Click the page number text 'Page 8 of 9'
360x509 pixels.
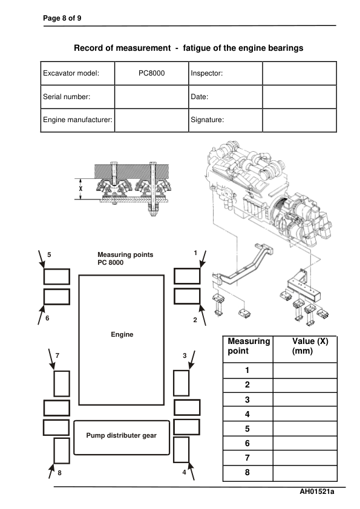[x=62, y=18]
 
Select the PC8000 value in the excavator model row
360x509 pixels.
[x=151, y=73]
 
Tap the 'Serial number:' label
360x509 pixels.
[x=67, y=97]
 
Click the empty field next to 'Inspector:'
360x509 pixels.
[x=299, y=73]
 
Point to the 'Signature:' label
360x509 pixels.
[x=208, y=120]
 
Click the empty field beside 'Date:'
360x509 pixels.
[x=299, y=97]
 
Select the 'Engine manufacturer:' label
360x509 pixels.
[x=77, y=120]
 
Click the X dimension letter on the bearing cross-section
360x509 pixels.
[x=80, y=188]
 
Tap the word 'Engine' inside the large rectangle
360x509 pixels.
[x=122, y=334]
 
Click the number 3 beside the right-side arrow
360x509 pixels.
[x=185, y=356]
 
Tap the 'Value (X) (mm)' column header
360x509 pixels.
[x=305, y=346]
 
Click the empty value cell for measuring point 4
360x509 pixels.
[x=305, y=414]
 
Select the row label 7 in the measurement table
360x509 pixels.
[x=247, y=458]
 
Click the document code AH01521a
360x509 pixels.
[x=317, y=492]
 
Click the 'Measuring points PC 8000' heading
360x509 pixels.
[x=125, y=259]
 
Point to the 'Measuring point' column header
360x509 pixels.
[x=248, y=346]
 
